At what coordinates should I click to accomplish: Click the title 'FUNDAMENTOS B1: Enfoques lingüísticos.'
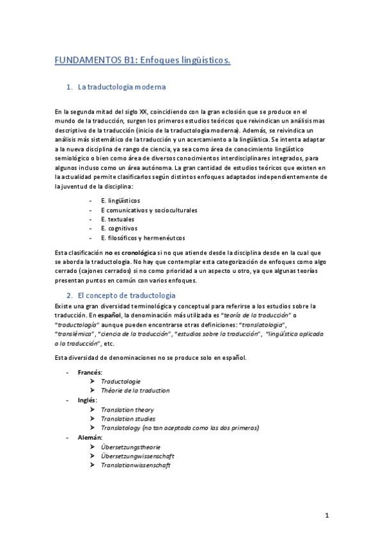(143, 60)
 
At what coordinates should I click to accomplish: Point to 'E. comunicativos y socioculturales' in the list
(149, 210)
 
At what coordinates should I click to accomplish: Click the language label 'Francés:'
(91, 372)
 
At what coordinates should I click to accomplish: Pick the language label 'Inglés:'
(88, 399)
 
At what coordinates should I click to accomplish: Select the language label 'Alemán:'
(90, 437)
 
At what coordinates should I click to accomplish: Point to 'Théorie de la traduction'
(135, 390)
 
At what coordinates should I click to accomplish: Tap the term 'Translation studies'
(128, 419)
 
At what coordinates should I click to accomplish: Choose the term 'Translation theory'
(127, 409)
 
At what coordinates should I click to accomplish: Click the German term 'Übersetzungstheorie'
(131, 447)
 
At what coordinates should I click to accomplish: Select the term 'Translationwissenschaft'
(136, 465)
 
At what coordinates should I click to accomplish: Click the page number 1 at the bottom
(327, 515)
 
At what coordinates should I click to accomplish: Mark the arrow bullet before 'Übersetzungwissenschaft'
(94, 456)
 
